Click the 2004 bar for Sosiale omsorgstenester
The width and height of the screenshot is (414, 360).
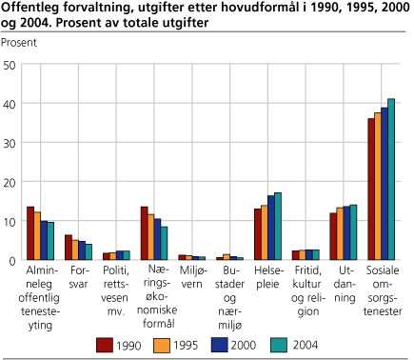click(391, 180)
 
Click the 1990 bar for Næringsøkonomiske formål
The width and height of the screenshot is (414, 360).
click(144, 233)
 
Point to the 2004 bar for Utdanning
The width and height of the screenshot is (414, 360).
click(353, 232)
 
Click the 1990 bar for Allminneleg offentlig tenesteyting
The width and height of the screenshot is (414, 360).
click(30, 233)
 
